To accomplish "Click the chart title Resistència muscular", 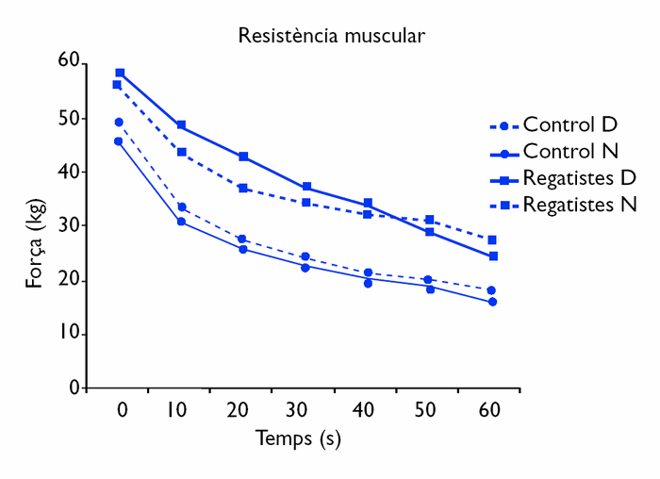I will point(331,37).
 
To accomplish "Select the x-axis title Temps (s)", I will point(298,438).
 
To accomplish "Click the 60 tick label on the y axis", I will point(68,61).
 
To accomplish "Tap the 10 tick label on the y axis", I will point(68,335).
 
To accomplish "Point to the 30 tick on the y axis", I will point(68,226).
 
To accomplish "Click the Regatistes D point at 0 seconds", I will point(120,73).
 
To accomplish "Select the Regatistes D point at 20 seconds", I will point(243,157).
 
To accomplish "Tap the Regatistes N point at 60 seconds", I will point(492,240).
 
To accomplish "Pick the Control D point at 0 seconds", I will point(119,122).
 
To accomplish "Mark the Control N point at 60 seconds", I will point(492,302).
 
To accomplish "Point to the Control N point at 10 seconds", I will point(181,222).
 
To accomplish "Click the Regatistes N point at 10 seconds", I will point(181,152).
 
